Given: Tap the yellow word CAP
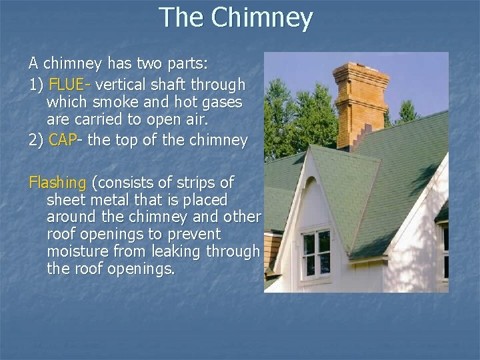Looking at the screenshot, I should (63, 141).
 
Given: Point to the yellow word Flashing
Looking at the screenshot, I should (57, 182).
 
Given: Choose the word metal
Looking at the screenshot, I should (119, 200).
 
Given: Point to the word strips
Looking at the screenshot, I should (193, 182).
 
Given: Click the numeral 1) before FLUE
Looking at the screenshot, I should (36, 85).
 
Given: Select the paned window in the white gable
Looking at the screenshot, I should (316, 253).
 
